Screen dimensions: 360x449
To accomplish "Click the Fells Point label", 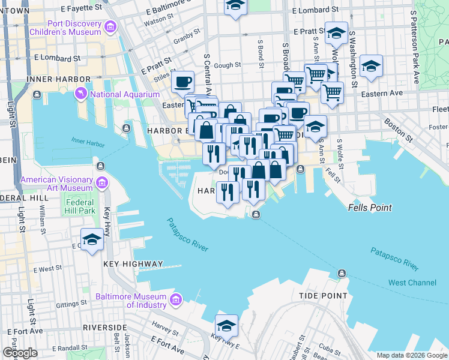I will tap(370, 208).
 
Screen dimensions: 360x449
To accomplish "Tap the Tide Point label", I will tap(323, 296).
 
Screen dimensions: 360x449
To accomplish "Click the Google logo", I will tap(20, 353).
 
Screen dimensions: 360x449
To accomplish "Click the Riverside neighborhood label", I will tap(104, 327).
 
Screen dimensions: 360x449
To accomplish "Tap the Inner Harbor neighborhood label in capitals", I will tap(50, 79).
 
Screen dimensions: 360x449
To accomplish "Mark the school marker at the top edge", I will tap(236, 5).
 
